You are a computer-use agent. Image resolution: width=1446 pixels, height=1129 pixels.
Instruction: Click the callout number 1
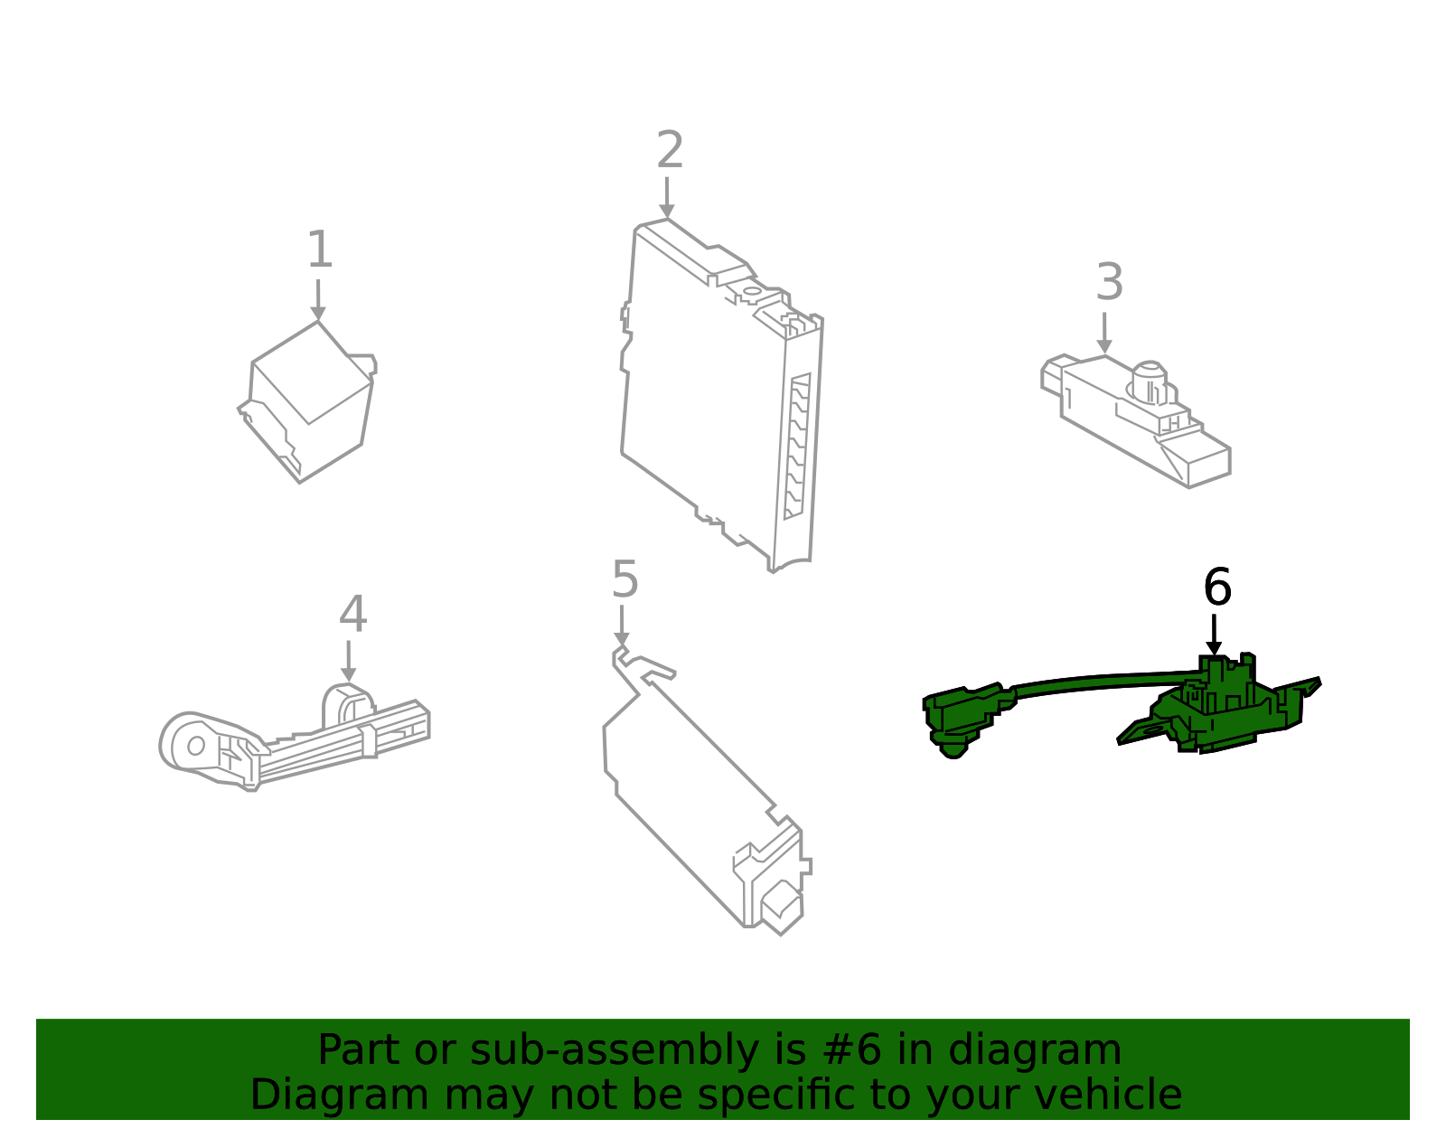[x=320, y=250]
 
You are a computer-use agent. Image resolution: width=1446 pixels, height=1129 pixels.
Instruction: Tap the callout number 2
[x=670, y=150]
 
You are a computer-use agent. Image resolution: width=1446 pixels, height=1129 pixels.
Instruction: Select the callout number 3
[x=1109, y=283]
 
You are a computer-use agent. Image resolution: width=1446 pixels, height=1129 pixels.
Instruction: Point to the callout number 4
[x=352, y=615]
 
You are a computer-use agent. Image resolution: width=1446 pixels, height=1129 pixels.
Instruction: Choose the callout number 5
[x=624, y=579]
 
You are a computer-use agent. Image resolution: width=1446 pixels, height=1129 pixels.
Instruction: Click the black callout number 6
[x=1216, y=588]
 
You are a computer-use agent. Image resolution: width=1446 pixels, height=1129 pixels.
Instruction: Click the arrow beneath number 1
[x=317, y=300]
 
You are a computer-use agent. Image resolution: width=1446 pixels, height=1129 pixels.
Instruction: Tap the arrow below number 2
[x=667, y=198]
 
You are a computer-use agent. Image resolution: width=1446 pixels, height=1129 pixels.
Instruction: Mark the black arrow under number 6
[x=1214, y=635]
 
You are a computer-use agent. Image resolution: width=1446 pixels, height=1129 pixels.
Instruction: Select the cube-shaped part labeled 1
[x=307, y=402]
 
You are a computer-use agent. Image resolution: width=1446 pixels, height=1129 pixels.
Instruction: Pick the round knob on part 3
[x=1150, y=381]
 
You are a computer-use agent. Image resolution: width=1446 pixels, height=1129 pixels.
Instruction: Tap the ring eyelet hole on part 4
[x=195, y=746]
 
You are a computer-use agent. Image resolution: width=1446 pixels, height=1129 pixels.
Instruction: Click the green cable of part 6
[x=1103, y=681]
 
